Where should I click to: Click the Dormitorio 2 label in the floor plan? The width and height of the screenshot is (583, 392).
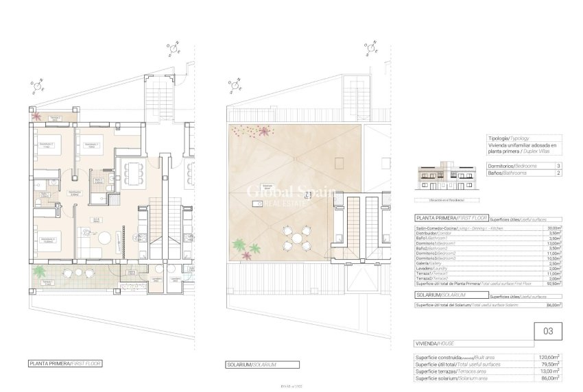pos(47,145)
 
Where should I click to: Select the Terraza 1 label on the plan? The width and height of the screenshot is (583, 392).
pos(47,282)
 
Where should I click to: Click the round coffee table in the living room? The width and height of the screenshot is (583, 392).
pos(105,238)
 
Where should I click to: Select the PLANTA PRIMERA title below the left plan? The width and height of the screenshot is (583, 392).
pos(64,363)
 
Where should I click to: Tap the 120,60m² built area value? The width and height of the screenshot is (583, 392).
pos(549,356)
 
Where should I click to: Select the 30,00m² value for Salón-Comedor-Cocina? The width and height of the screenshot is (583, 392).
pos(551,228)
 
